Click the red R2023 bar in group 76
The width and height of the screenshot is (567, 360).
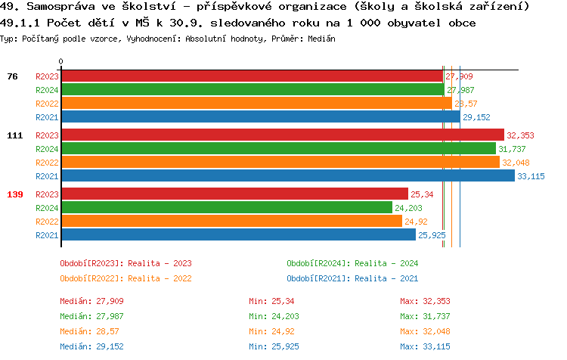click(x=252, y=76)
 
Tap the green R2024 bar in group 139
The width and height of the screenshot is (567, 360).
click(x=226, y=208)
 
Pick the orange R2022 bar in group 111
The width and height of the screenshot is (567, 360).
click(x=280, y=163)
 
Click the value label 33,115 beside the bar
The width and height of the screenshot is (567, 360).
click(x=531, y=176)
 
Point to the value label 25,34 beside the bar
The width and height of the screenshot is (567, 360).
click(x=422, y=194)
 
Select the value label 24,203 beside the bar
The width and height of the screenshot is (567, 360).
click(x=409, y=208)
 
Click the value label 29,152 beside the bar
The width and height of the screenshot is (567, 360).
click(x=476, y=117)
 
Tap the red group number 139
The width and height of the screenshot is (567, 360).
click(x=15, y=194)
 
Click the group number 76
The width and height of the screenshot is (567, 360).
click(x=12, y=76)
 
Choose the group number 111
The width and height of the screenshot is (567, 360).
click(x=15, y=135)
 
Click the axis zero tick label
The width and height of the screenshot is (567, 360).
click(x=61, y=61)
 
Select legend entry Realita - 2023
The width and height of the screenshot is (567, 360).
click(x=125, y=263)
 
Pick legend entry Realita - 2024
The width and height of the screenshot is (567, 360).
click(x=352, y=263)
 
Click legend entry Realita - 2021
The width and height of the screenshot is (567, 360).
click(x=352, y=278)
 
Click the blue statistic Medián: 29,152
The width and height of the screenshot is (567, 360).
click(x=91, y=346)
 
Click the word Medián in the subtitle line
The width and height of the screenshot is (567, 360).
click(x=323, y=38)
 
